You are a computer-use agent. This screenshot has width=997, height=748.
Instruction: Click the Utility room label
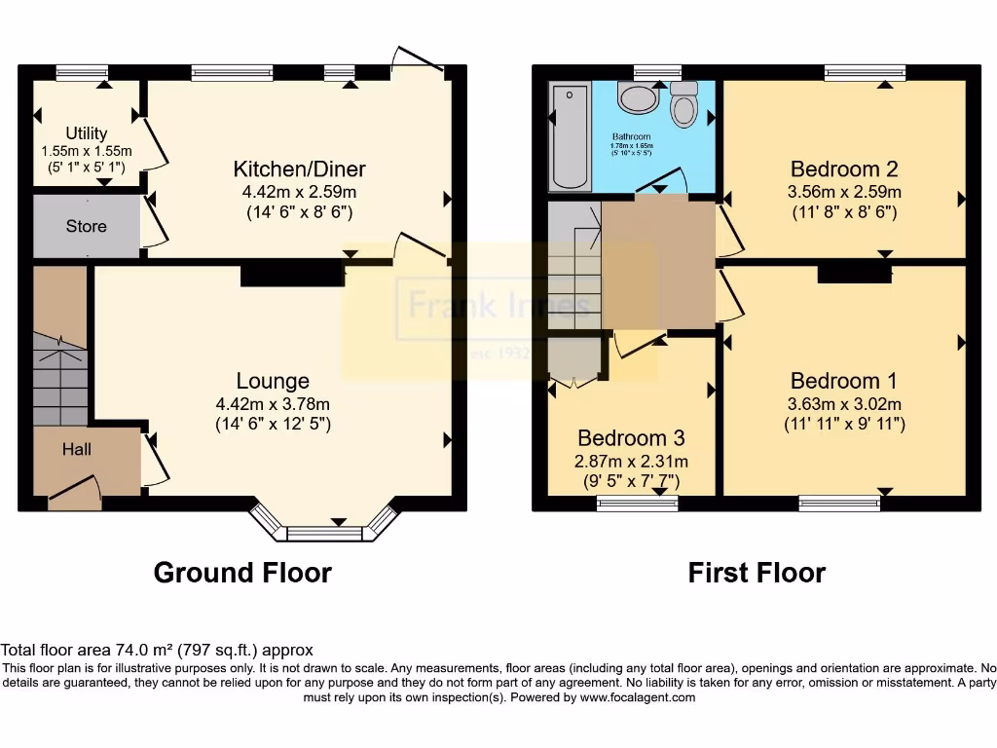point(87,133)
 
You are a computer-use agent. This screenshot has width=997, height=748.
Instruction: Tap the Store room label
point(86,226)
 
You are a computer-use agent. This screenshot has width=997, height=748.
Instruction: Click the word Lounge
point(273,381)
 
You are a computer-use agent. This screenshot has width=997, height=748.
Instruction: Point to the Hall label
point(77,449)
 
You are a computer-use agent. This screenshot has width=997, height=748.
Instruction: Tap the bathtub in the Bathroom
point(572,136)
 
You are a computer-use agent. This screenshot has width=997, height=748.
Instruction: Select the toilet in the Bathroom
point(684,104)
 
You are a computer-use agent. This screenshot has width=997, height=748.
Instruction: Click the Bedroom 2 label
point(844,168)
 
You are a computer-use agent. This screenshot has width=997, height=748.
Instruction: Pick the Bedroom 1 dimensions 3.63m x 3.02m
point(844,404)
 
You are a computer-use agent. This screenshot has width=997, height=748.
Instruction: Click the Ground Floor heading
point(242,573)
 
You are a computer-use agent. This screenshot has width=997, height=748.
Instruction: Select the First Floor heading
point(757,573)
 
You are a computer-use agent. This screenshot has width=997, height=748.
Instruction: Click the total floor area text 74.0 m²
point(157,650)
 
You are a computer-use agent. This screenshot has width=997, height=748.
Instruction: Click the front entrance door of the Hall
point(75,494)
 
